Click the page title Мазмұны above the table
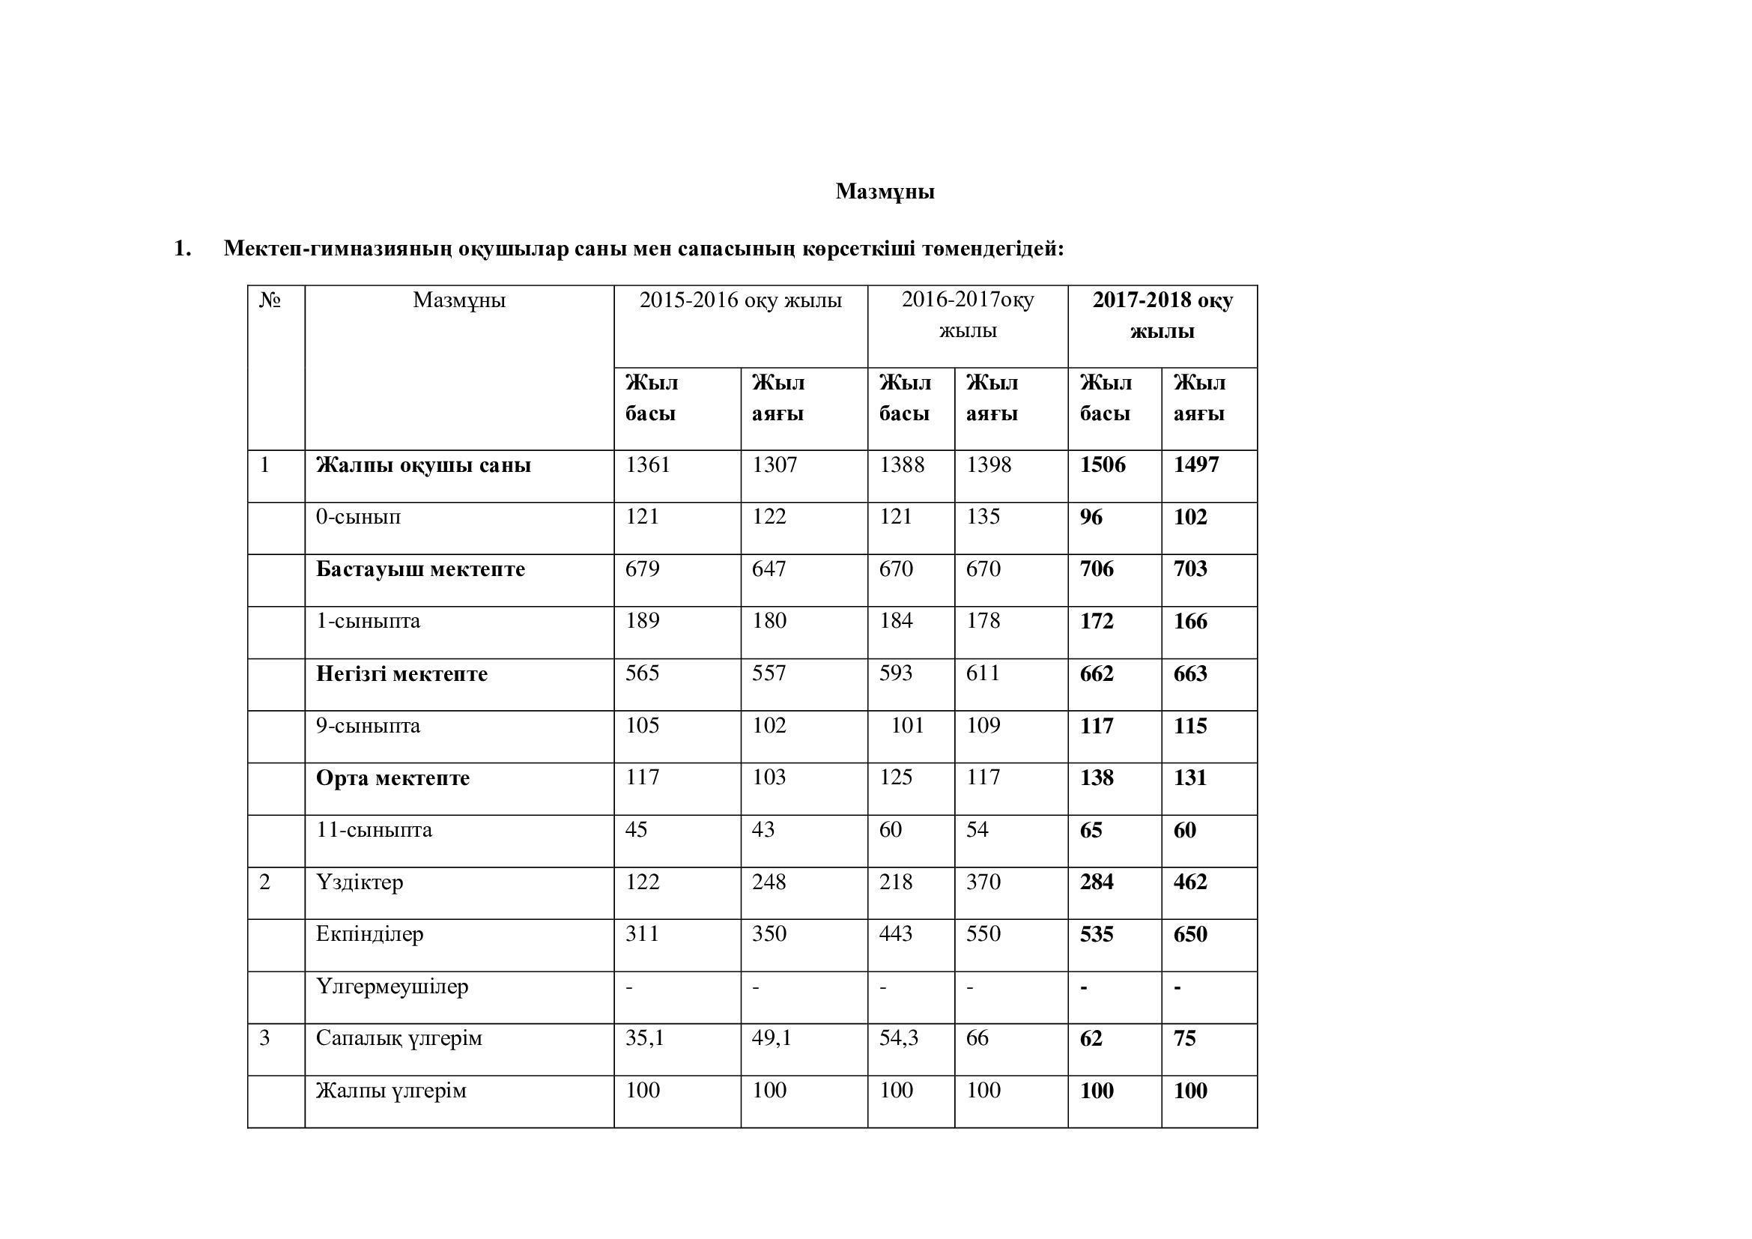click(885, 192)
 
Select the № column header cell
click(270, 300)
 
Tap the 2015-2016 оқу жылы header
click(740, 300)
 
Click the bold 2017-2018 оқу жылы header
click(1163, 315)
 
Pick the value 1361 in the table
click(648, 464)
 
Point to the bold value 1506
click(1102, 464)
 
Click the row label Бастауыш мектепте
click(420, 569)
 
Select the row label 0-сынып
click(358, 517)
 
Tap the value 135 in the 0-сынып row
click(983, 517)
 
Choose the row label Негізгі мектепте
click(401, 673)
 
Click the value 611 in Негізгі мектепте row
click(983, 673)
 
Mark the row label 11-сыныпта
click(374, 829)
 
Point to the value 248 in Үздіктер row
click(769, 882)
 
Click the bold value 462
click(1190, 882)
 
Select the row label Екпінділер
click(369, 934)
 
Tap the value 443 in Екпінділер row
click(896, 934)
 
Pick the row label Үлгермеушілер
click(392, 987)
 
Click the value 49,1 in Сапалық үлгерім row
click(772, 1038)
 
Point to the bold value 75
click(1184, 1038)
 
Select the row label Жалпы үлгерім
click(391, 1091)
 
